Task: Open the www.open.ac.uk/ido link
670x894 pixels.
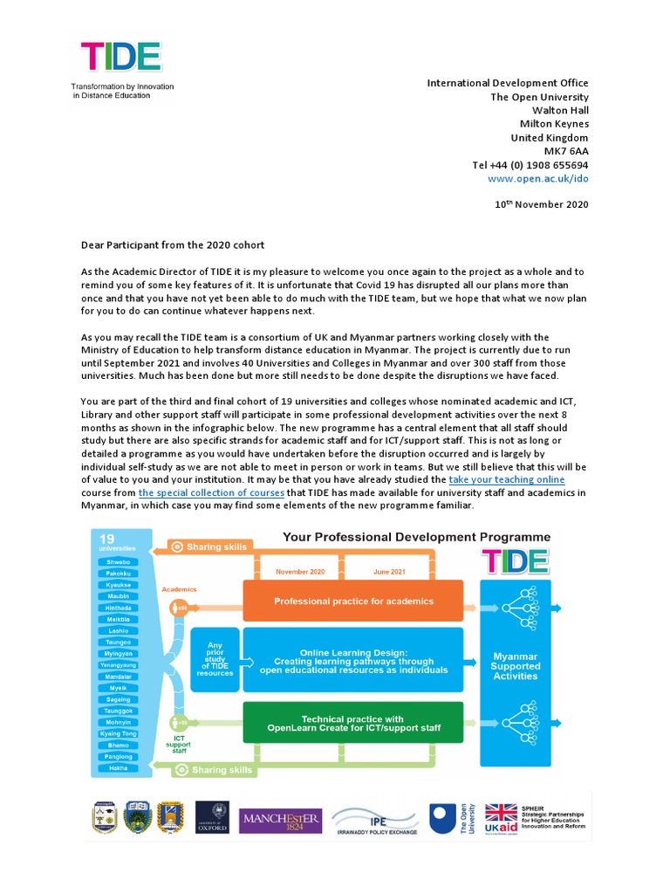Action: [538, 178]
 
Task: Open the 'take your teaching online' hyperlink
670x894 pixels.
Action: [506, 479]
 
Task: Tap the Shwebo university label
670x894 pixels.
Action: [119, 562]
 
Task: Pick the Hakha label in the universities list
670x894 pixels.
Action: [119, 767]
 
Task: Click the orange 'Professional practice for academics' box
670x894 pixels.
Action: [353, 602]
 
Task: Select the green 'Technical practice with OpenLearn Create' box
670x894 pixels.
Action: [353, 723]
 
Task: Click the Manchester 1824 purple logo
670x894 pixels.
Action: [280, 821]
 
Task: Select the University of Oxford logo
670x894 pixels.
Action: [212, 818]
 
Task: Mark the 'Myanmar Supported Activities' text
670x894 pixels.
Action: [516, 666]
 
